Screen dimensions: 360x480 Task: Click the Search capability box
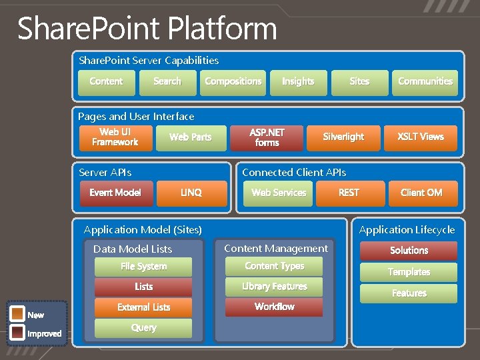[167, 82]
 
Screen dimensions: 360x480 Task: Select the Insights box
[298, 82]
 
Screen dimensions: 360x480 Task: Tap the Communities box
[425, 82]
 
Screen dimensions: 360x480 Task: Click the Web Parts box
[191, 137]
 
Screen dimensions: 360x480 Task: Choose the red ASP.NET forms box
[267, 137]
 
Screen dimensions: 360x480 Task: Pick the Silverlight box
[343, 137]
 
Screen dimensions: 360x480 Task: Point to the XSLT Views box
[421, 137]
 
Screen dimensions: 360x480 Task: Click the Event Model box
[115, 193]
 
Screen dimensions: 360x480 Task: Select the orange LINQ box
[191, 193]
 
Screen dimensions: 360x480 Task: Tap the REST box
[349, 193]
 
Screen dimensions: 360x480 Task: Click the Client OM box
[421, 193]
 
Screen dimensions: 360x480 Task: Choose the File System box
[143, 267]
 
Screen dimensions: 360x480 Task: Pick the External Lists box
[143, 307]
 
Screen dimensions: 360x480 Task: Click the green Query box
[143, 328]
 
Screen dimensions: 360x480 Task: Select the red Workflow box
[274, 307]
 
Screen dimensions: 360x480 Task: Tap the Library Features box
[274, 287]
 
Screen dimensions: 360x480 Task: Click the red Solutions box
[409, 251]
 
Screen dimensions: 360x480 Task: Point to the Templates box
[409, 272]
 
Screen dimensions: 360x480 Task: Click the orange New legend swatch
[17, 314]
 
